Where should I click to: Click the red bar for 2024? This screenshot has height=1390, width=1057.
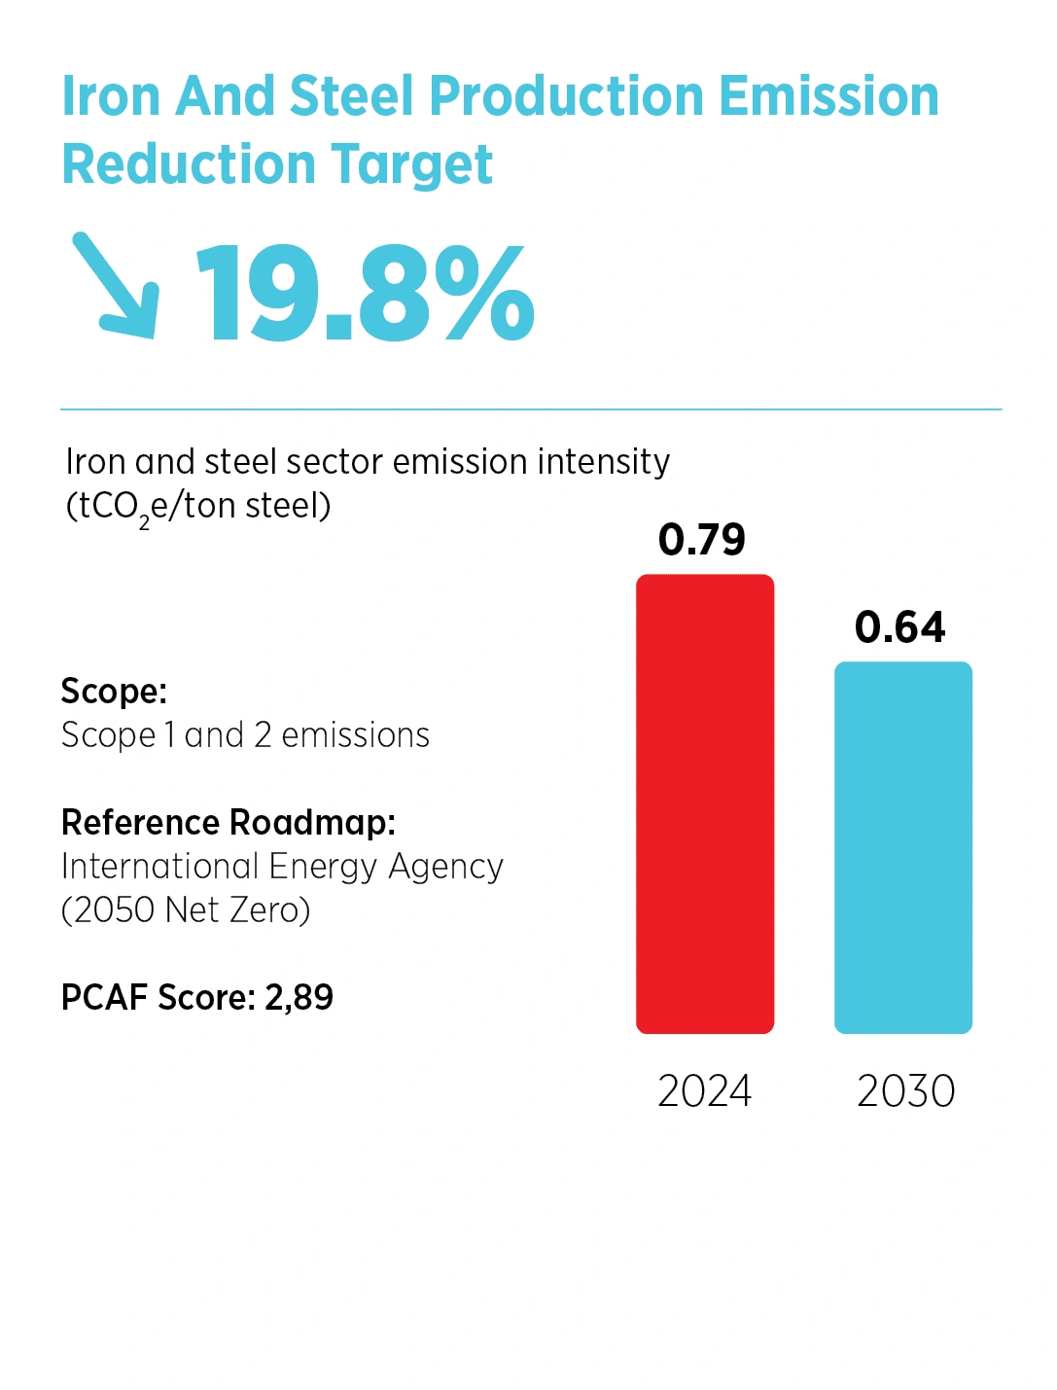[x=704, y=803]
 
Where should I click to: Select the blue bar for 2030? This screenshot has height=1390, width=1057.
[x=902, y=847]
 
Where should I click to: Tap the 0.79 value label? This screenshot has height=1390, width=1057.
[x=701, y=540]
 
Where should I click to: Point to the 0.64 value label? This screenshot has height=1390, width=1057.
[x=899, y=627]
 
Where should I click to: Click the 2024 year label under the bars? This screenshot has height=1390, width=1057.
[x=704, y=1090]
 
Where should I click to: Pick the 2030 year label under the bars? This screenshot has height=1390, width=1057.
[x=905, y=1090]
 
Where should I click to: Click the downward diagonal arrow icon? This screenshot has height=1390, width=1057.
[x=116, y=286]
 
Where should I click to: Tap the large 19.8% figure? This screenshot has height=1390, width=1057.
[x=366, y=293]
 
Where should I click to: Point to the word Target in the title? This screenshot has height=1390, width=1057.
[x=411, y=164]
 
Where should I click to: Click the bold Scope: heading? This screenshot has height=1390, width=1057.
[x=114, y=691]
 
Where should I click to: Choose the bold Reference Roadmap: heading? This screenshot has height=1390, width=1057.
[x=229, y=822]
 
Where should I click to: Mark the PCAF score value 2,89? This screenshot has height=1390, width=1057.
[x=299, y=997]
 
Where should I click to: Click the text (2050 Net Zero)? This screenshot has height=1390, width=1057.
[x=186, y=910]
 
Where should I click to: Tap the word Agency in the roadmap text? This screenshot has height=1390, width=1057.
[x=445, y=867]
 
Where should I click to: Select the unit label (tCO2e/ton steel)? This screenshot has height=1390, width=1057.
[x=198, y=507]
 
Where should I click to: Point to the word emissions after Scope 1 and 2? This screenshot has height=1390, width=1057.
[x=355, y=735]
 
